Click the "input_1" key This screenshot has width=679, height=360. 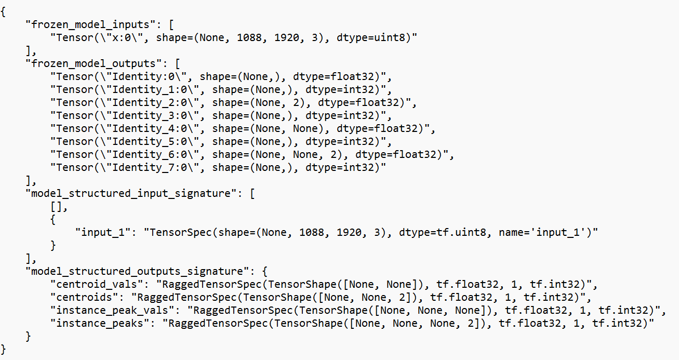pyautogui.click(x=103, y=232)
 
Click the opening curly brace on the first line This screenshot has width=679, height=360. pyautogui.click(x=4, y=11)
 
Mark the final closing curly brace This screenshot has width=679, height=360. pyautogui.click(x=4, y=349)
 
